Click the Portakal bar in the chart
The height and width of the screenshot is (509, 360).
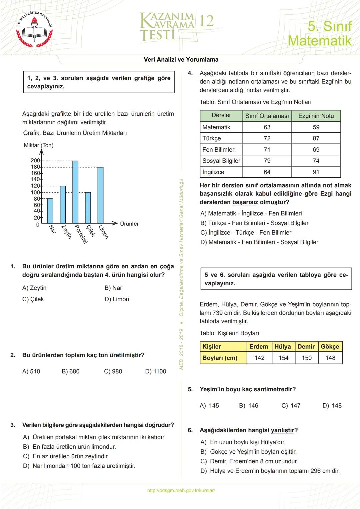(x=75, y=192)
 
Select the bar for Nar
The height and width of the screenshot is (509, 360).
(x=50, y=211)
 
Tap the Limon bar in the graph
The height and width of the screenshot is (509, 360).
(x=100, y=195)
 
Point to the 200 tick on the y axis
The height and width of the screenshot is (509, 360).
(x=35, y=161)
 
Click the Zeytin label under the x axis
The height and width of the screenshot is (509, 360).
(x=67, y=232)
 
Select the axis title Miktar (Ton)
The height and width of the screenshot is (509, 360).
(x=39, y=145)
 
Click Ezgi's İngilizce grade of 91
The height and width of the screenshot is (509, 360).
(x=316, y=172)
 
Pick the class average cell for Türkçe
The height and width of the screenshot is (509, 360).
(x=267, y=138)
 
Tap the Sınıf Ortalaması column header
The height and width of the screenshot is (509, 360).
(x=267, y=116)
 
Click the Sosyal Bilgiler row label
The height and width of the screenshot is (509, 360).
(x=221, y=161)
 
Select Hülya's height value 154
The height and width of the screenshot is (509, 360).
(x=283, y=358)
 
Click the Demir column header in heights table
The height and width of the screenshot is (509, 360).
(x=306, y=347)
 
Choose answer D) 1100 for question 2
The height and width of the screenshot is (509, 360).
(x=156, y=371)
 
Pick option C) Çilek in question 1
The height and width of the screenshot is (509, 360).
(x=33, y=299)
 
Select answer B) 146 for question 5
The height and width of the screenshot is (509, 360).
(x=249, y=406)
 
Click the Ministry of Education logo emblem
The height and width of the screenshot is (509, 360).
(x=35, y=29)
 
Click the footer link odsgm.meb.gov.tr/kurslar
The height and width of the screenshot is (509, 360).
(x=181, y=490)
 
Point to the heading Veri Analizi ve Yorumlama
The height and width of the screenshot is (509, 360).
(x=181, y=60)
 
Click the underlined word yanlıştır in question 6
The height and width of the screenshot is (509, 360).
(x=282, y=430)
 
